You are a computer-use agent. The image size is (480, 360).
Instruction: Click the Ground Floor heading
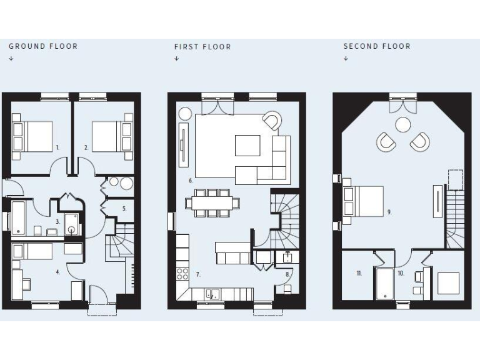[x=42, y=46]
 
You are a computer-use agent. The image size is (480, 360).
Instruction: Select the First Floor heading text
[x=202, y=47]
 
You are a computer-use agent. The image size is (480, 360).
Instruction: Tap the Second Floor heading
[x=377, y=46]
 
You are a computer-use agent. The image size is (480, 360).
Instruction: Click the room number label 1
[x=57, y=147]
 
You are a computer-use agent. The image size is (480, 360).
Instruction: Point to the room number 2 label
[x=86, y=147]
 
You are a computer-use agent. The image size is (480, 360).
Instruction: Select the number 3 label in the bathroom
[x=57, y=221]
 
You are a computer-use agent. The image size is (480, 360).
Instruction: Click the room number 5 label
[x=124, y=209]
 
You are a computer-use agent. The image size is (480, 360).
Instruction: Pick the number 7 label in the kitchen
[x=198, y=274]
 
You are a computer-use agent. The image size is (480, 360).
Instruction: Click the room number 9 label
[x=389, y=212]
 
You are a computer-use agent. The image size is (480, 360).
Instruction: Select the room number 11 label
[x=359, y=273]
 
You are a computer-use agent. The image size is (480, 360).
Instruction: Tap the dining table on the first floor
[x=212, y=203]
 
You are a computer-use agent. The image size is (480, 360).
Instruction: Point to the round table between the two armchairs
[x=404, y=125]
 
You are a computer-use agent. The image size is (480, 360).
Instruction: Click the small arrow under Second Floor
[x=346, y=59]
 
